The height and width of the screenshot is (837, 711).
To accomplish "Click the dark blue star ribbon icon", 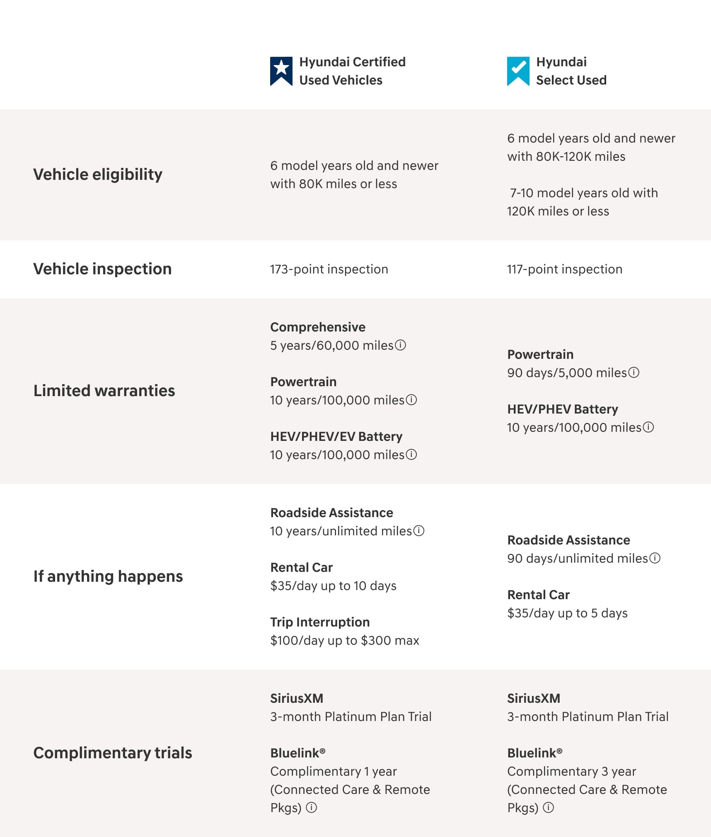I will point(281,71).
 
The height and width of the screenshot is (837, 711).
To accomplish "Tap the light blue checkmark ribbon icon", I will point(518,71).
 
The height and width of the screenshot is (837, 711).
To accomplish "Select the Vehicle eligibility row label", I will point(98,174).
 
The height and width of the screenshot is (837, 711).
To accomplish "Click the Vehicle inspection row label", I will point(102,269).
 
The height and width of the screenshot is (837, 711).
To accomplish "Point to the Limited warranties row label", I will point(104,391).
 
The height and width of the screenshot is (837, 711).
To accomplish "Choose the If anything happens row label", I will point(108,576).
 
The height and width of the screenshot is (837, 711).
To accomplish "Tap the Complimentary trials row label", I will point(113,753).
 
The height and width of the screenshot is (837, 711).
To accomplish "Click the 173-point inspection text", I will point(329,269).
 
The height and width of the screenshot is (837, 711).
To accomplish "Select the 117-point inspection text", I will point(564,269).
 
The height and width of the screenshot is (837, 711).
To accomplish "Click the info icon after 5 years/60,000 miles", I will point(401,345).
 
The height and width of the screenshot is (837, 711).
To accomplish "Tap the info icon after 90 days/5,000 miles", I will point(634,373).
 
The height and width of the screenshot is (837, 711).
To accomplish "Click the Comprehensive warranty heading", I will point(318,327).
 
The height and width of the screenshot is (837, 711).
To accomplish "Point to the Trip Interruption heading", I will point(320,622).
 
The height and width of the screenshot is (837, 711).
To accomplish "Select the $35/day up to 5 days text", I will point(567,613).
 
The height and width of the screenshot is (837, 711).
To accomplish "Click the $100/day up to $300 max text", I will point(345,641).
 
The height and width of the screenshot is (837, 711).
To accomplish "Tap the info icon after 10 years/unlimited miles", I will point(419,531).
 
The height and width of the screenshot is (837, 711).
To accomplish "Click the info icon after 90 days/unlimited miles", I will point(655,558).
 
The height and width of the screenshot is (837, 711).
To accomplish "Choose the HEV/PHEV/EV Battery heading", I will point(336,436).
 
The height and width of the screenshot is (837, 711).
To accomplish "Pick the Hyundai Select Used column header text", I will point(571,71).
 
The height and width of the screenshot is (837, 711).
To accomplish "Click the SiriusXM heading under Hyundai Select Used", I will point(534,698).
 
